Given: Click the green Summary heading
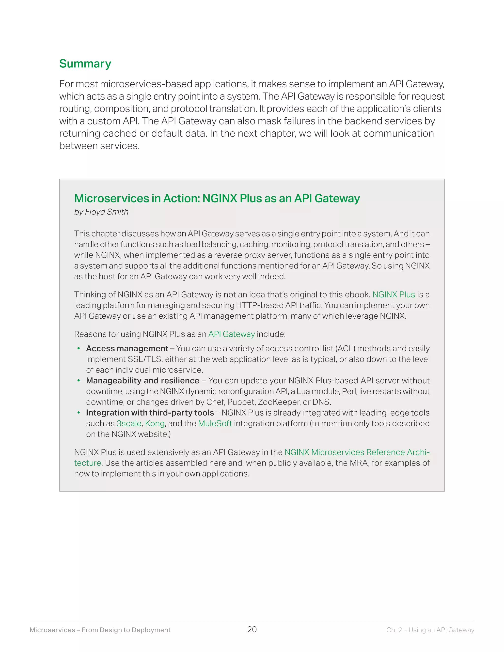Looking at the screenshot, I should click(85, 63).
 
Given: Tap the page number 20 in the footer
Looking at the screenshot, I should click(252, 629).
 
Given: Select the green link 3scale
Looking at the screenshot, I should click(129, 423).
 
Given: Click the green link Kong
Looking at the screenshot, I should click(155, 423).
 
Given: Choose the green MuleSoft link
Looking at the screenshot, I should click(215, 423).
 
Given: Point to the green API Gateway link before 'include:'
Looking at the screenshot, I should click(231, 334).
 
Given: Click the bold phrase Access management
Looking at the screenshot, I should click(127, 348).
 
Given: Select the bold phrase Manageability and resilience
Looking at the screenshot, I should click(142, 381).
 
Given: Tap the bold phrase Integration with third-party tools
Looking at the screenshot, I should click(150, 413).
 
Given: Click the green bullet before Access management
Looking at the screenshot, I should click(79, 348).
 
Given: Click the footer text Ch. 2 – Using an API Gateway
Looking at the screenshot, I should click(430, 630).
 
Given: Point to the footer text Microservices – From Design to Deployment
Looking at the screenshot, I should click(100, 630).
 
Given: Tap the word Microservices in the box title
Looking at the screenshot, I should click(112, 198).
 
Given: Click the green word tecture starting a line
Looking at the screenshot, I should click(87, 463).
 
